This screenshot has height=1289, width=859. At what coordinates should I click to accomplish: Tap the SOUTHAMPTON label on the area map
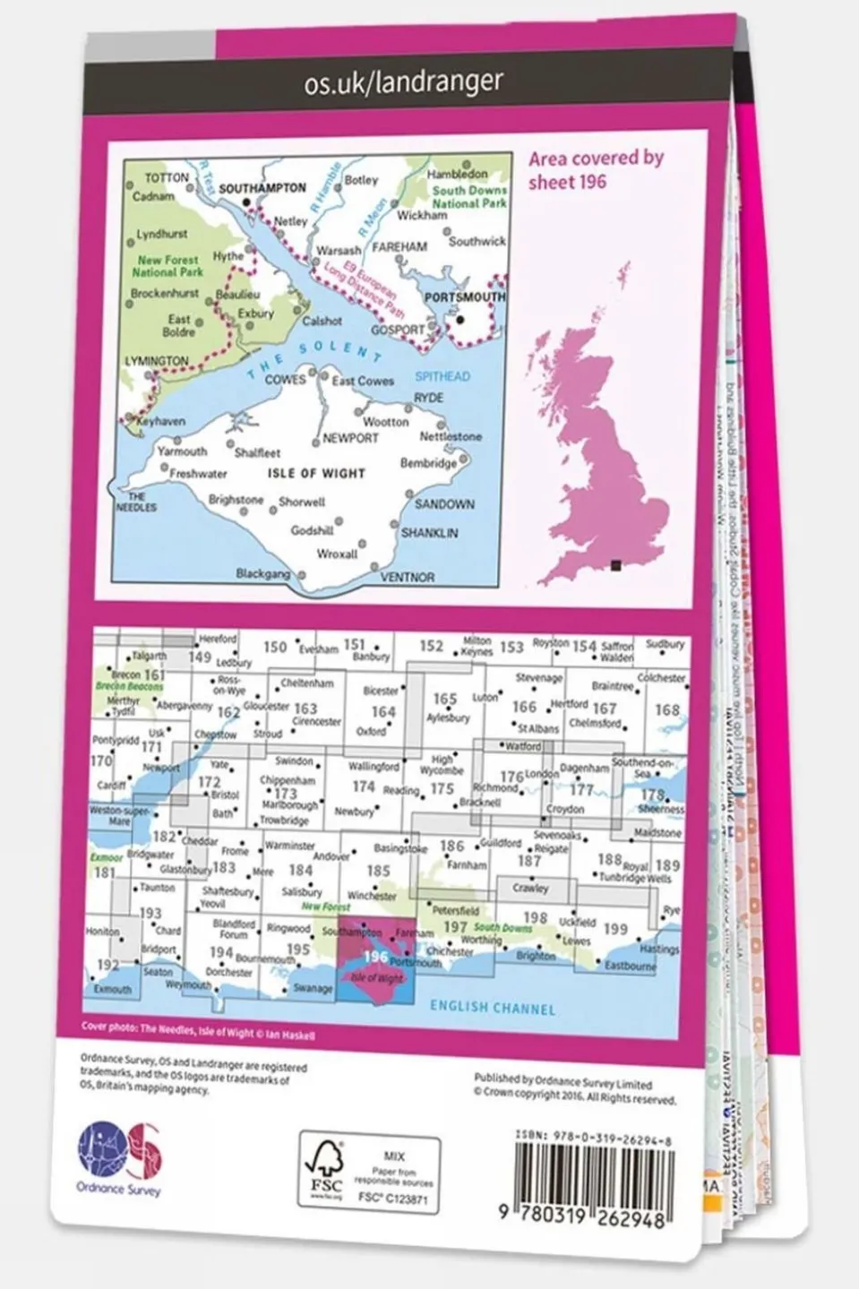click(262, 189)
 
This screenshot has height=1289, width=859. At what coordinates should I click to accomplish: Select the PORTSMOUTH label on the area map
click(464, 296)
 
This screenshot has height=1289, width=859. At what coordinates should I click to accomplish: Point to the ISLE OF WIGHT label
click(316, 472)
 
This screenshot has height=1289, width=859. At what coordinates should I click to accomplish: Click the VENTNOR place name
click(408, 578)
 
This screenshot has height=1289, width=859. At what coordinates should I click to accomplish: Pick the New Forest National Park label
click(168, 266)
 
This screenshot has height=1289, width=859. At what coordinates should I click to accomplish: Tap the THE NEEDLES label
click(136, 503)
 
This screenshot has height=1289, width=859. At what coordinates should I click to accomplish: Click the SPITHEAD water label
click(442, 376)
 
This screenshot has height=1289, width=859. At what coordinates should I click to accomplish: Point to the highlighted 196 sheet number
click(375, 957)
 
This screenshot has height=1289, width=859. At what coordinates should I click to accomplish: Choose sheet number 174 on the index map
click(363, 786)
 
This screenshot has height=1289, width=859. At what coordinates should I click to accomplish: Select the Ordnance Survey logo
click(120, 1157)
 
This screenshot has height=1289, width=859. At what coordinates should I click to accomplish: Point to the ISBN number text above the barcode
click(594, 1134)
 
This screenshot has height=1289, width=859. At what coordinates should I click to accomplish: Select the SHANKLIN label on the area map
click(429, 533)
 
